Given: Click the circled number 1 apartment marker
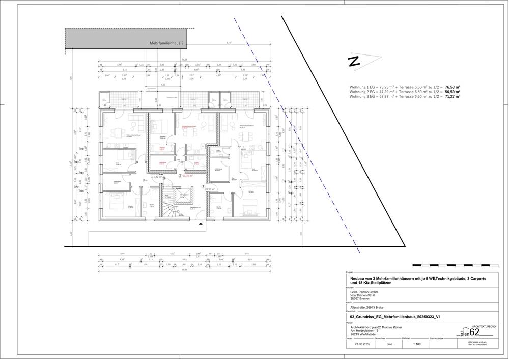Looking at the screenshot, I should point(204,187).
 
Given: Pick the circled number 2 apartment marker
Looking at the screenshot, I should point(180,176).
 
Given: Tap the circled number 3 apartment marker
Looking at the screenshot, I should point(163,178).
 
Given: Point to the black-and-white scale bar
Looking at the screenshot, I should point(453,265).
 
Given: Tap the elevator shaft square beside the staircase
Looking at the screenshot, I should point(184,197).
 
